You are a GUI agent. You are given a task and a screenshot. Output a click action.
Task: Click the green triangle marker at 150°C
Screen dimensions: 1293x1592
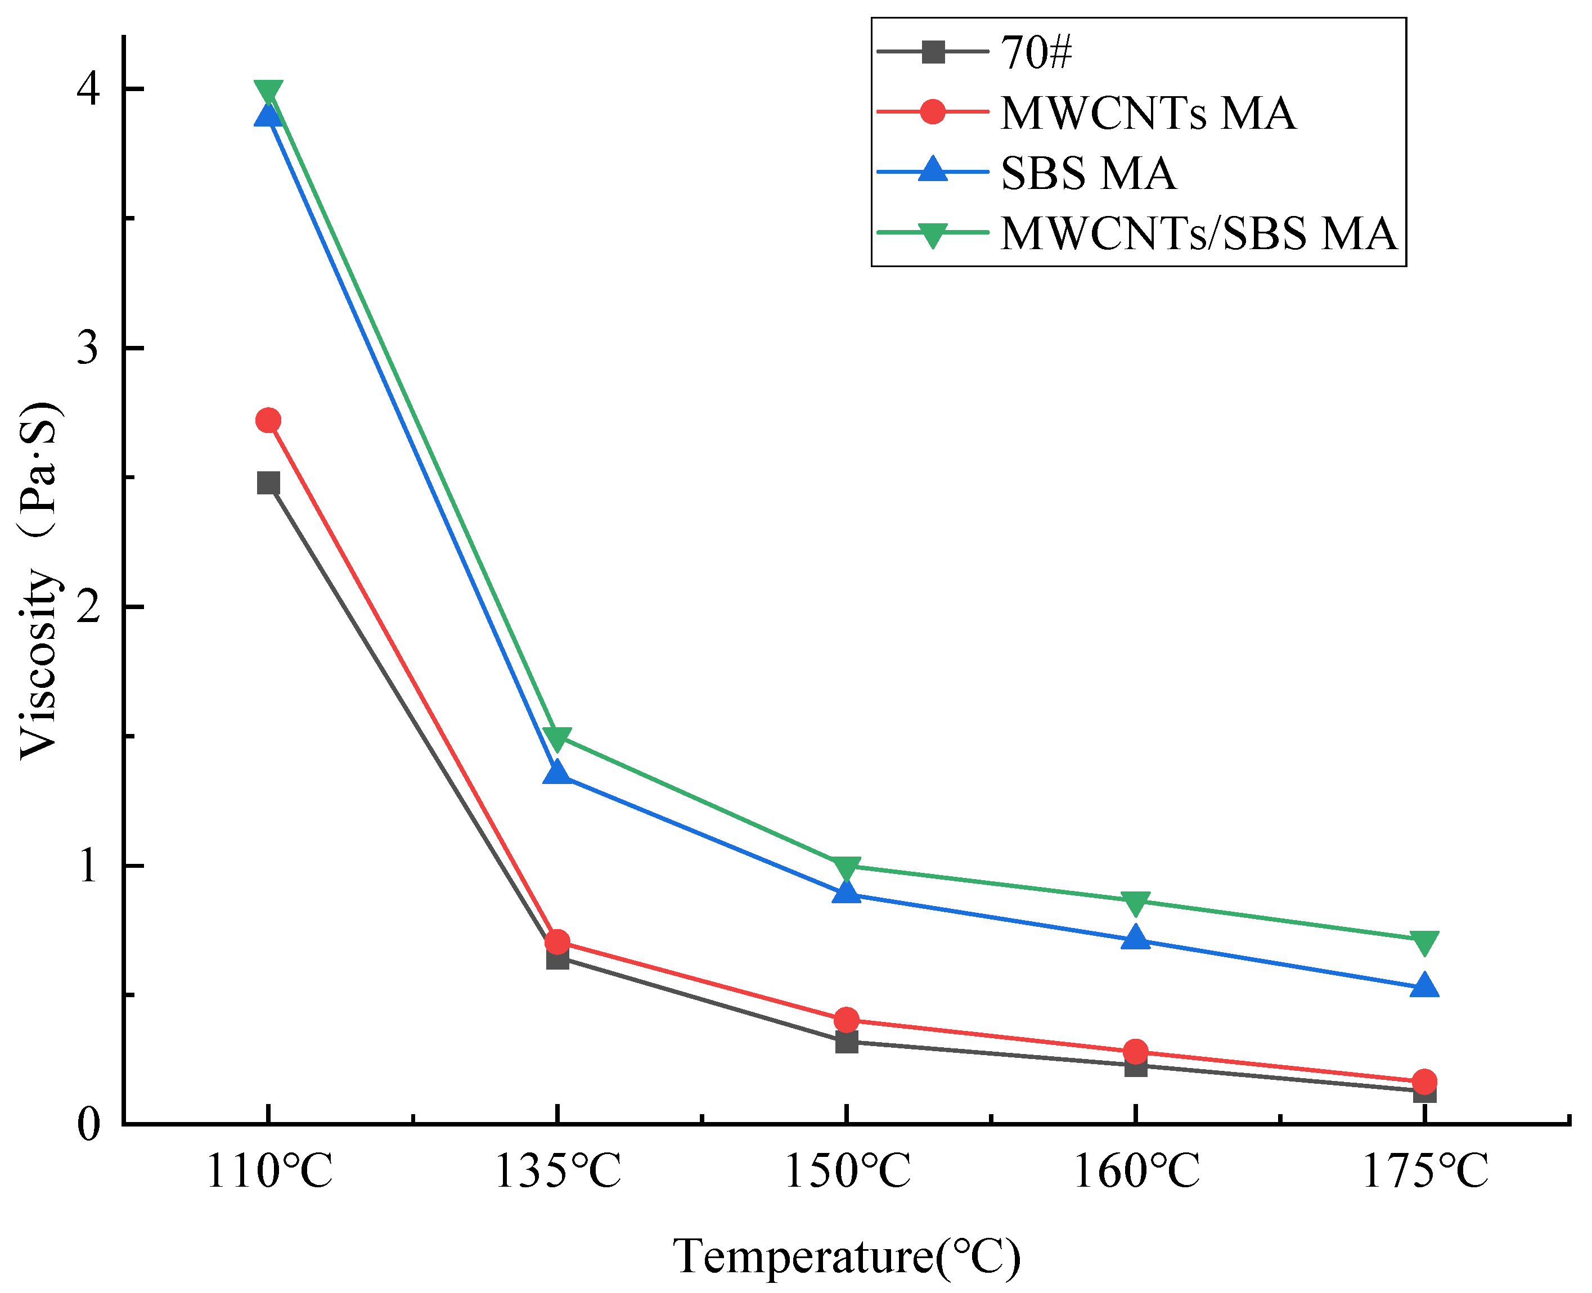click(x=846, y=867)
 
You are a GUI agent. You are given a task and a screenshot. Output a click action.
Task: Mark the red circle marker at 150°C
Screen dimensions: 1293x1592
click(x=846, y=1020)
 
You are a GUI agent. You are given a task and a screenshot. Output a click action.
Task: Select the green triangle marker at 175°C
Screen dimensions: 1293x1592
click(x=1424, y=941)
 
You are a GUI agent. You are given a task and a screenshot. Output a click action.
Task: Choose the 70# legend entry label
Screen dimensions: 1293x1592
click(x=1036, y=52)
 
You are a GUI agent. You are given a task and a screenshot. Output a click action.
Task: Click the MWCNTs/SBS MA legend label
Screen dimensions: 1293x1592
click(x=1198, y=233)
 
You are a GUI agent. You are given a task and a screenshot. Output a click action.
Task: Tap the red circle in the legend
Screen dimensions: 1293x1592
click(x=933, y=112)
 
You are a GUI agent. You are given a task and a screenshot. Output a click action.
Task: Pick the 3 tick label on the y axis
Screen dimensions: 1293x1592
click(x=89, y=348)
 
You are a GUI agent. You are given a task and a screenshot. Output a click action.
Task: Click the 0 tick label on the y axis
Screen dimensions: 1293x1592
click(x=89, y=1124)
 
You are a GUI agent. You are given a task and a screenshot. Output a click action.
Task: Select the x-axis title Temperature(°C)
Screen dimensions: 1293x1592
click(x=846, y=1257)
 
